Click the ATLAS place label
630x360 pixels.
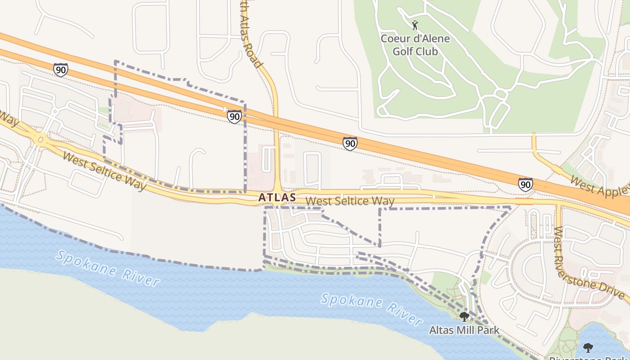(277, 197)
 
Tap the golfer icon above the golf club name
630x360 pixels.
(415, 25)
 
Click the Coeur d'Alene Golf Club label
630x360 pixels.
(415, 45)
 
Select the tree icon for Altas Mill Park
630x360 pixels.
(464, 317)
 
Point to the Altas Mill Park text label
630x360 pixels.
(464, 330)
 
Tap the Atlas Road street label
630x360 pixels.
(252, 40)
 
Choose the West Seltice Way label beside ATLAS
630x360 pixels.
(350, 201)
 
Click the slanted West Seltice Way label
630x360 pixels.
(104, 171)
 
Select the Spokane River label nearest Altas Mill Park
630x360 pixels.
(372, 309)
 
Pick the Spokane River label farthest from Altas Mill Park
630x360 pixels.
(108, 268)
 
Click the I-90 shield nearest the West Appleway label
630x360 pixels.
(525, 184)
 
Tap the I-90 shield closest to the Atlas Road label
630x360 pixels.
(234, 117)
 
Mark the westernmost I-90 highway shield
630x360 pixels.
(60, 70)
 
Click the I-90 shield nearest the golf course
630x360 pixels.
(350, 144)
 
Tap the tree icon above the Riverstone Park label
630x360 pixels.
(588, 347)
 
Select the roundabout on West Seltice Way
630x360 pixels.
(41, 140)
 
